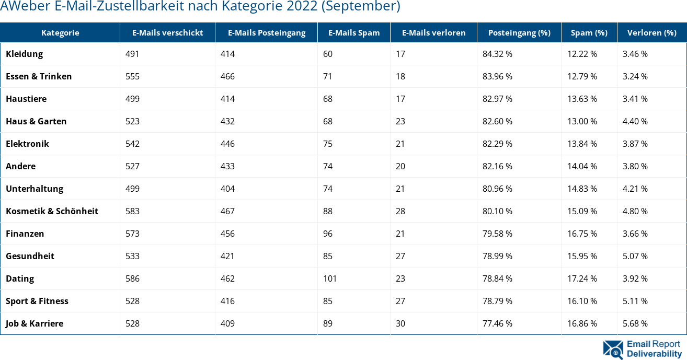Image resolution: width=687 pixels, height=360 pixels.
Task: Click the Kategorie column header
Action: (x=60, y=32)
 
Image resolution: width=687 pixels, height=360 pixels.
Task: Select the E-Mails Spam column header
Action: (x=354, y=32)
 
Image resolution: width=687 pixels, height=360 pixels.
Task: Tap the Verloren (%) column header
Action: (x=651, y=32)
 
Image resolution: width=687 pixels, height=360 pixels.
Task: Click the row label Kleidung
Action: (x=25, y=54)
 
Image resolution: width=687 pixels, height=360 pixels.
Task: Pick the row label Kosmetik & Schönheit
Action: (x=52, y=211)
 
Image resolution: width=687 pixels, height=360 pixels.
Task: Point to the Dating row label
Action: (x=20, y=278)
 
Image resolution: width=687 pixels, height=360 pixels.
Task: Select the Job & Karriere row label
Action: (x=35, y=323)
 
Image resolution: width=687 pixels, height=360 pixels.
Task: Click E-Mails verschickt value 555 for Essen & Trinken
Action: (x=133, y=76)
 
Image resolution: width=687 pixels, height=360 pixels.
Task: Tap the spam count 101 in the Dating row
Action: (x=330, y=278)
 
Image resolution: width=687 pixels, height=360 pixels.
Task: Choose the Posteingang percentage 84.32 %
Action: (x=497, y=54)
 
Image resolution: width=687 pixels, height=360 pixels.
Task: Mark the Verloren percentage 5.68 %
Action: (x=635, y=323)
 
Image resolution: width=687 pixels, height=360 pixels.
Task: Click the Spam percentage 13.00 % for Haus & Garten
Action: (x=582, y=121)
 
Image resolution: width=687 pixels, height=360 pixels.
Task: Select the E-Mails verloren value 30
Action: (x=400, y=323)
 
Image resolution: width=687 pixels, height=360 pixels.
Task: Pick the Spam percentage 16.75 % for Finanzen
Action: (x=582, y=234)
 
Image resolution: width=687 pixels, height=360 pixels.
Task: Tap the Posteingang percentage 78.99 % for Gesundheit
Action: (x=497, y=256)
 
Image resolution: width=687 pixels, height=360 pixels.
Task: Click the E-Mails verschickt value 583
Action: (x=133, y=211)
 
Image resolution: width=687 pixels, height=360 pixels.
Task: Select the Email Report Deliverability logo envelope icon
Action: (x=613, y=350)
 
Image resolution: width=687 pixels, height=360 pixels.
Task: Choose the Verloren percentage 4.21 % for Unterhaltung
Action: (x=635, y=189)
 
